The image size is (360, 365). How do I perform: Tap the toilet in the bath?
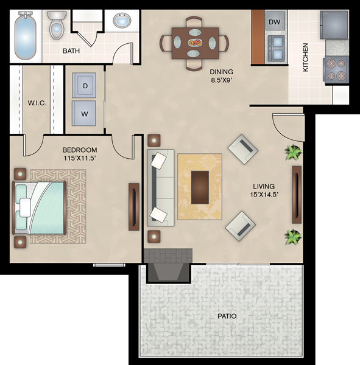pos(57,25)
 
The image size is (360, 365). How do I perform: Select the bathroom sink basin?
pos(122,21)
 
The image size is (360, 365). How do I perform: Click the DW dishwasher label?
pos(275,22)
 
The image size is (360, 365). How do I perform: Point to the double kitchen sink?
pos(277,48)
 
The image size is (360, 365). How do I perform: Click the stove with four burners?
pos(336,70)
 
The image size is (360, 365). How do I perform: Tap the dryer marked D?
pos(84,85)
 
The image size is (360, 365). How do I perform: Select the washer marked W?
pos(83,113)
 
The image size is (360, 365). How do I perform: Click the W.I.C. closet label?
pos(37,103)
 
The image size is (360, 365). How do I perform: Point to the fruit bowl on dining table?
pos(195,43)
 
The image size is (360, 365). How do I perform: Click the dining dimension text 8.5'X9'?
pos(222,80)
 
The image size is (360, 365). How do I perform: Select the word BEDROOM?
pos(80,150)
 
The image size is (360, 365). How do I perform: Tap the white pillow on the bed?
pos(25,207)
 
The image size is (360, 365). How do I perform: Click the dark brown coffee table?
pos(200,187)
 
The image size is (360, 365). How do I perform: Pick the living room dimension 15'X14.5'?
pos(264,195)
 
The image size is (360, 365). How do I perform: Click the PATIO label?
pos(227,316)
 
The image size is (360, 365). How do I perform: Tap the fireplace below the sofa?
pos(168,265)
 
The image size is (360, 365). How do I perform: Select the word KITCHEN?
pos(305,57)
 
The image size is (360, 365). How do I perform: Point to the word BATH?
pos(71,50)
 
